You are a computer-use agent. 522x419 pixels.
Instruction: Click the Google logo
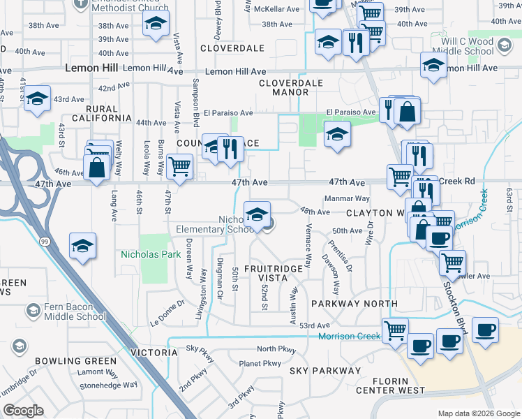pos(23,411)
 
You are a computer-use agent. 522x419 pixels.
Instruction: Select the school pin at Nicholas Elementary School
pos(257,214)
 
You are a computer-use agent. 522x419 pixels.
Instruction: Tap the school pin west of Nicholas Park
pos(82,245)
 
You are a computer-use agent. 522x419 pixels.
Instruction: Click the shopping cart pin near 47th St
pos(180,166)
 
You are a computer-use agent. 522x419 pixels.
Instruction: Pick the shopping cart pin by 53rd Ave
pos(396,330)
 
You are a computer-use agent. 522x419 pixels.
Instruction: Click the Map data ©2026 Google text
pos(479,413)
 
